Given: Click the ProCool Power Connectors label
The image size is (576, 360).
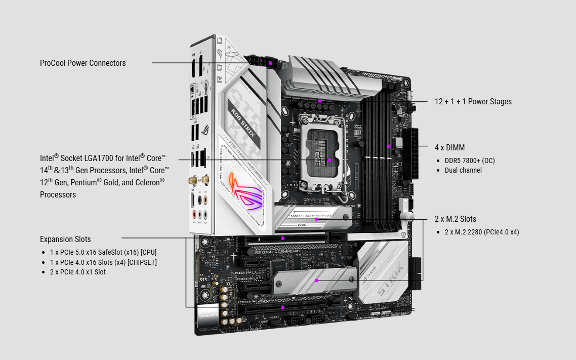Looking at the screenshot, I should [83, 63].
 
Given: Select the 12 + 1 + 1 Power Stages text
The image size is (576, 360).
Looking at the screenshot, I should [473, 101].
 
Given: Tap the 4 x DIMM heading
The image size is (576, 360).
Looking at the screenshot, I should [449, 148].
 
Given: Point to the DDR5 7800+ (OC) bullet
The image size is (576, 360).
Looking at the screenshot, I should [469, 161].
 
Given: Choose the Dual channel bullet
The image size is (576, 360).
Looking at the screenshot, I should [463, 170].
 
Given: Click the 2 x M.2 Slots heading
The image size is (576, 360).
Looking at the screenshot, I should [455, 219].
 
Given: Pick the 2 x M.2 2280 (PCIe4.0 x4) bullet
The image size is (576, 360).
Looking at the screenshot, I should [482, 232].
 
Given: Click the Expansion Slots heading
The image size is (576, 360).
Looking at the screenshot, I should [65, 239].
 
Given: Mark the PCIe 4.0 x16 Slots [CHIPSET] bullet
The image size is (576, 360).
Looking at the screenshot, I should [103, 262].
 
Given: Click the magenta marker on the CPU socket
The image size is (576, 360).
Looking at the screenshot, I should [330, 160].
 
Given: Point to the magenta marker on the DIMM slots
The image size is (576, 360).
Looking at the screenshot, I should [389, 146].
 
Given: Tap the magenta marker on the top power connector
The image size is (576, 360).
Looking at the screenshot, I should [271, 63].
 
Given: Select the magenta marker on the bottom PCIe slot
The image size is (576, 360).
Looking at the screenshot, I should [283, 307].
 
